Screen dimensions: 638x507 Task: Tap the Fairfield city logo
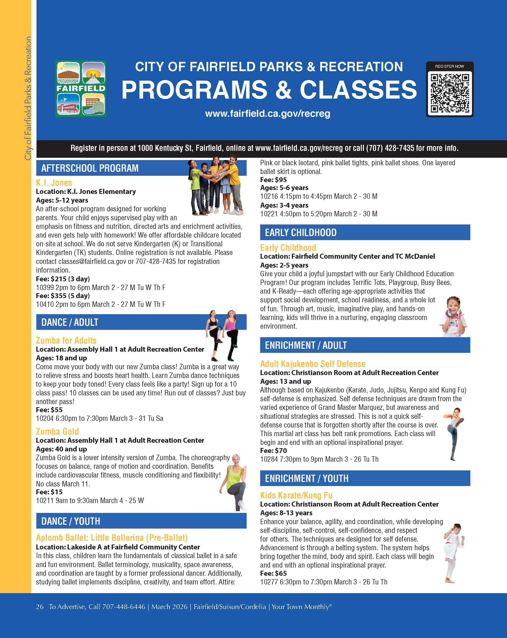(80, 89)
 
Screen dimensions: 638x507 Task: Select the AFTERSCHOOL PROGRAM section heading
(90, 168)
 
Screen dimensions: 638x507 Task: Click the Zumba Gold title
(57, 432)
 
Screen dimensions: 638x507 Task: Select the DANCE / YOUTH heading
(71, 521)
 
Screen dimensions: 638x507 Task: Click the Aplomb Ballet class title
(112, 538)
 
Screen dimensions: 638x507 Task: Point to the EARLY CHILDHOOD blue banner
(365, 233)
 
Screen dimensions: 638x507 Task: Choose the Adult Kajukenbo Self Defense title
(313, 364)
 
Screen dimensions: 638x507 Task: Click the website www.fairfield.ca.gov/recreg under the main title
(268, 114)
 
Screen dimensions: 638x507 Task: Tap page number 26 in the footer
(40, 607)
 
